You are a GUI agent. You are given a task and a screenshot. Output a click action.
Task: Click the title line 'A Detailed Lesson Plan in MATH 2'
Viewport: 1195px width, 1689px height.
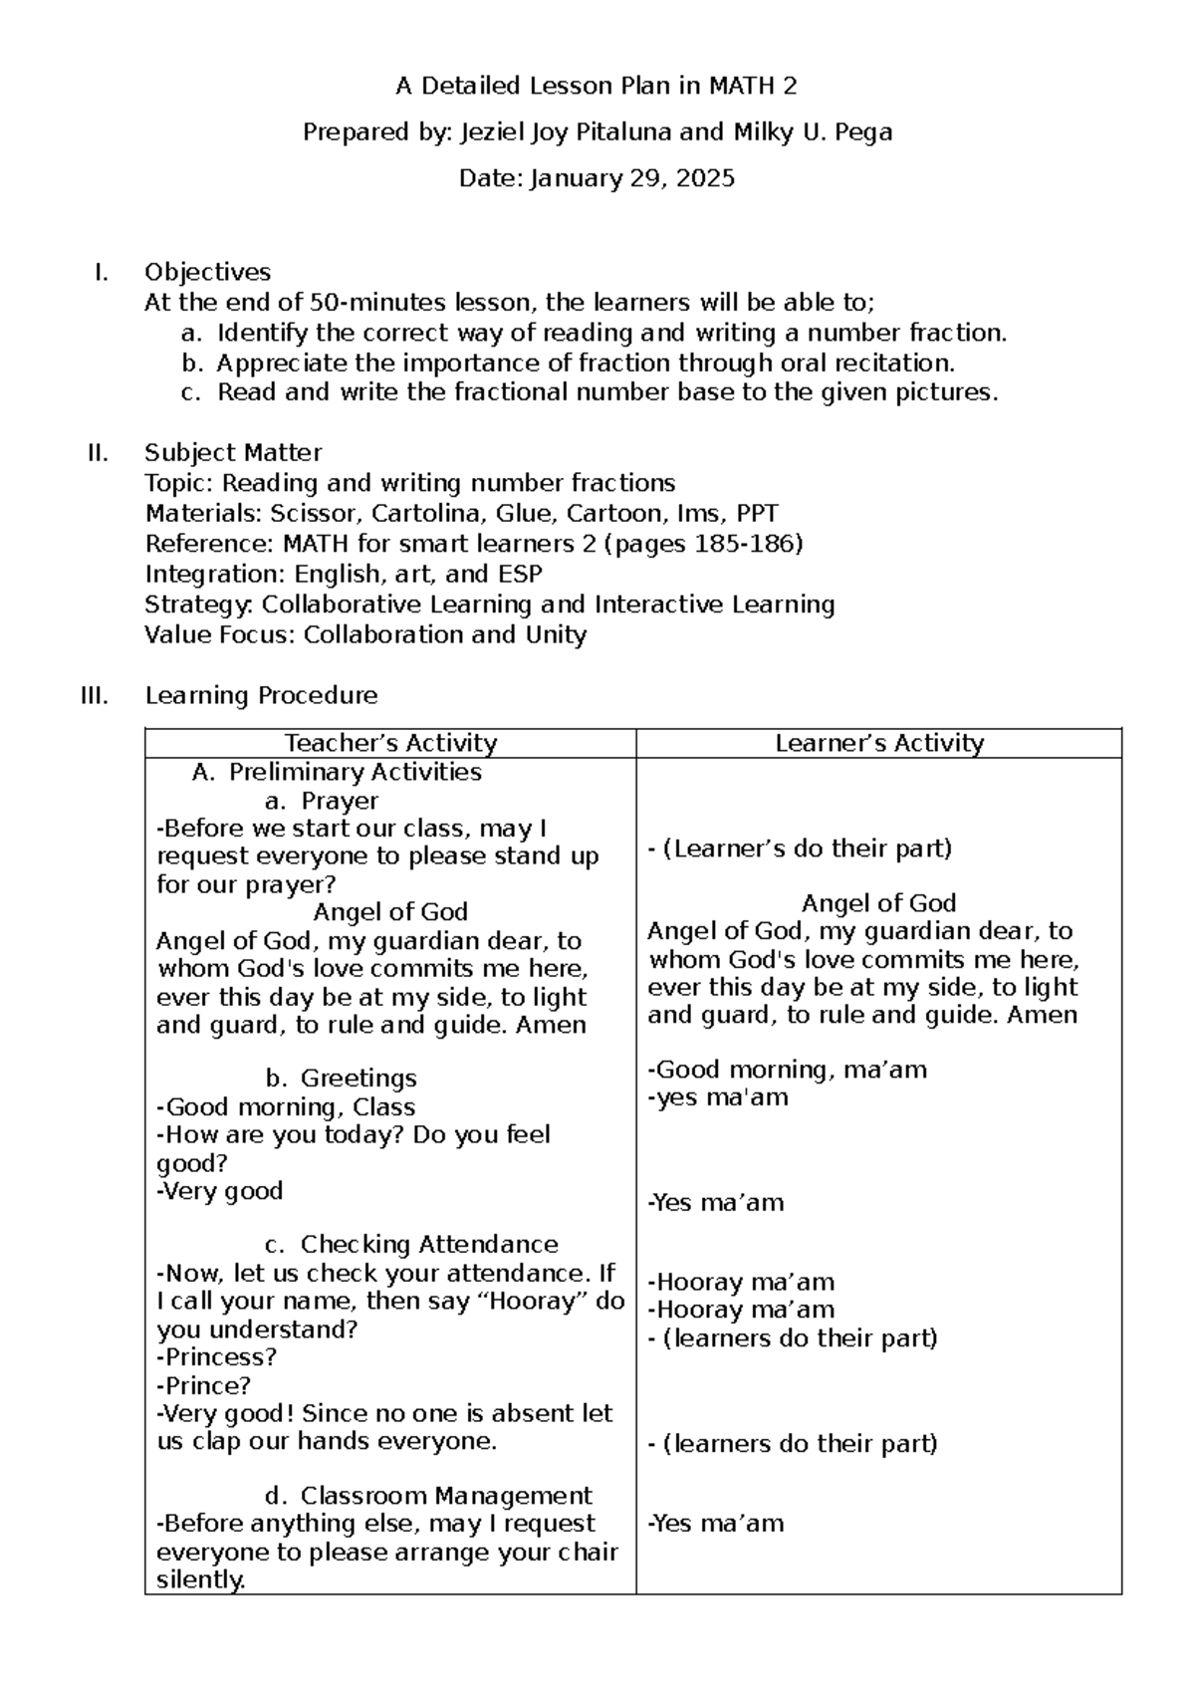point(596,87)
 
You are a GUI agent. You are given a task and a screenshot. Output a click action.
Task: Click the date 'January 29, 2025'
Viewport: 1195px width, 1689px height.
point(632,179)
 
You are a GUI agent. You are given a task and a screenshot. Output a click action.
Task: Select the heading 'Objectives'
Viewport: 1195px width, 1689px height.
point(207,272)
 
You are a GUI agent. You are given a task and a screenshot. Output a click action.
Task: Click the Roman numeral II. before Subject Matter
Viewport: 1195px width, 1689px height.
point(98,453)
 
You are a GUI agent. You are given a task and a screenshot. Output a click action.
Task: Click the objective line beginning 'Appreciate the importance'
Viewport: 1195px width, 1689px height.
point(585,362)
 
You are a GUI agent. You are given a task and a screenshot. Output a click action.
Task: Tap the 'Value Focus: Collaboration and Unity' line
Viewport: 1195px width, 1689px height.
point(365,634)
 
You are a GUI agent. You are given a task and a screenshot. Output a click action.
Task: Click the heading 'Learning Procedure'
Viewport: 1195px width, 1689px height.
point(261,695)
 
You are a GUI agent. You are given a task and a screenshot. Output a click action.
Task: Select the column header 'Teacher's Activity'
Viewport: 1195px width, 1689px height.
point(390,743)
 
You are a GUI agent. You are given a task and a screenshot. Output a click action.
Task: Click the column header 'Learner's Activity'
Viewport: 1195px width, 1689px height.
point(879,743)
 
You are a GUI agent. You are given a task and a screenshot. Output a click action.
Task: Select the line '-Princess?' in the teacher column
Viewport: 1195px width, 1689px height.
point(216,1357)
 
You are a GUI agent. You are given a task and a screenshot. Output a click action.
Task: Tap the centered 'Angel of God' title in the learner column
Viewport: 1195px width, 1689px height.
point(878,903)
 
